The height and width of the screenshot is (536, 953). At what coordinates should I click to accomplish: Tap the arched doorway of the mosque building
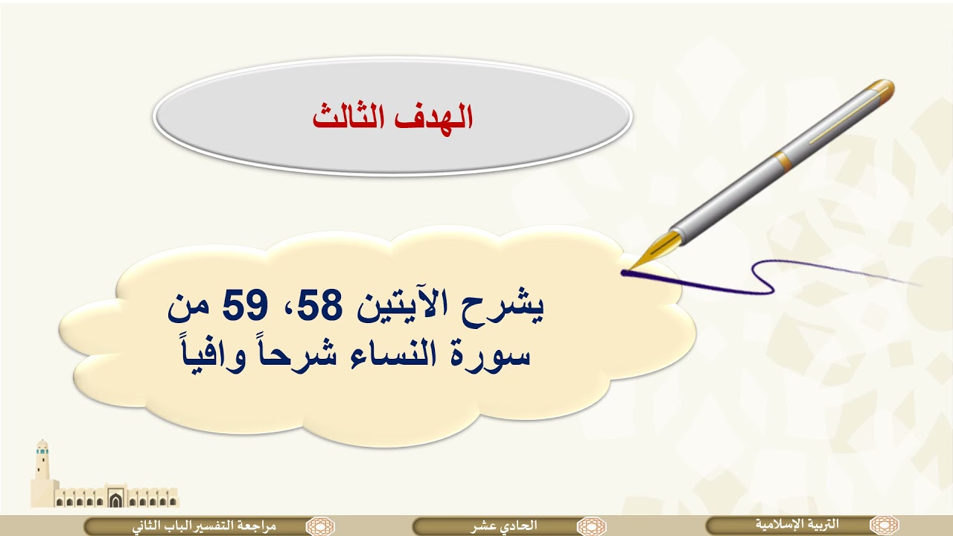115,500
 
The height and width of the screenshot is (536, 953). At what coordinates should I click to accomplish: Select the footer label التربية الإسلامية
797,525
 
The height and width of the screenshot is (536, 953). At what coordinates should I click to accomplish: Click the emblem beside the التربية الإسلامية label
885,525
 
